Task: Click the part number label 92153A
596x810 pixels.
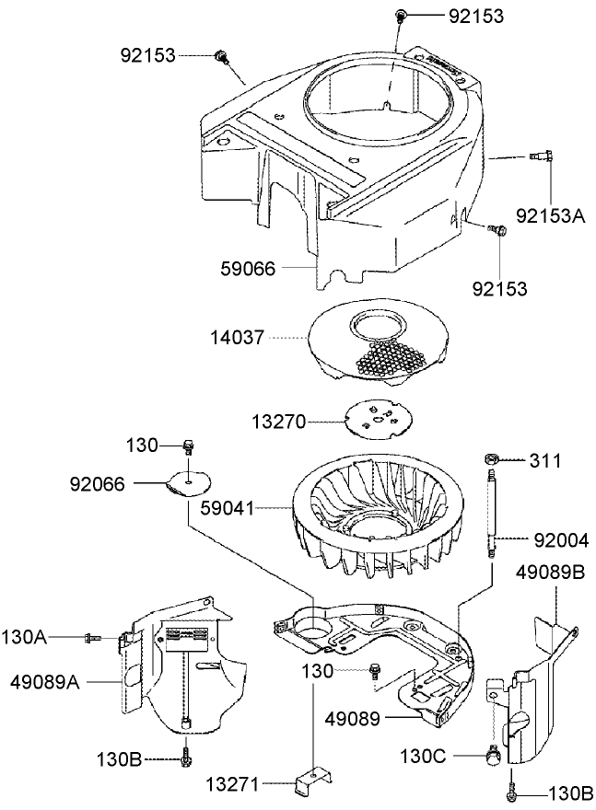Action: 551,214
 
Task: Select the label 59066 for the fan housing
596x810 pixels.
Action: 247,269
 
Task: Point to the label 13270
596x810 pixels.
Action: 278,422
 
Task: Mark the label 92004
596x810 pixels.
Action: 557,538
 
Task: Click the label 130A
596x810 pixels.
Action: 29,637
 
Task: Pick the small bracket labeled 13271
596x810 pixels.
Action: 311,784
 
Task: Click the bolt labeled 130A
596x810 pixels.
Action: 92,637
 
